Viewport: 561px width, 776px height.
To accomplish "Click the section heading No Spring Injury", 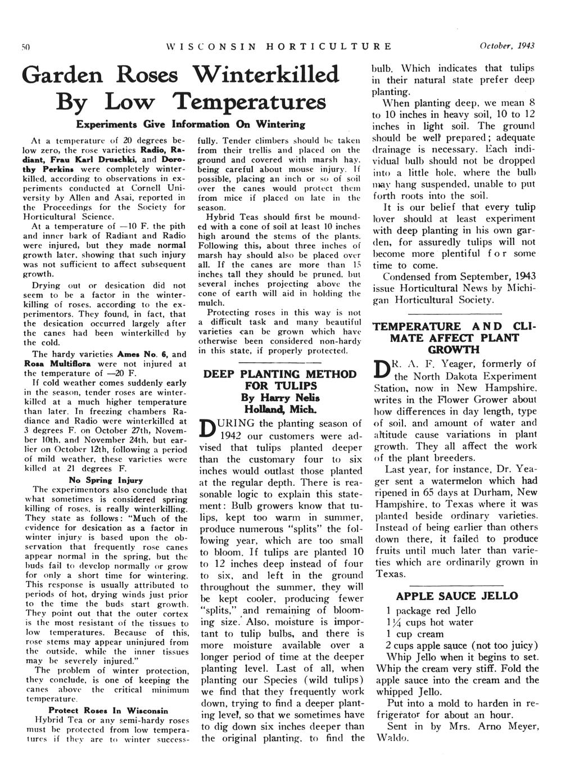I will click(105, 480).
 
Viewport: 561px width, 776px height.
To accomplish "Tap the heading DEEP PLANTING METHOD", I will click(279, 374).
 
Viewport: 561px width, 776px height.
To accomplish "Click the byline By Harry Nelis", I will click(279, 398).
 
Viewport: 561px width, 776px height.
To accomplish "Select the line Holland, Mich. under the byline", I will click(279, 409).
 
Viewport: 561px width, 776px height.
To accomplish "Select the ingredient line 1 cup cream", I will click(415, 634).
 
